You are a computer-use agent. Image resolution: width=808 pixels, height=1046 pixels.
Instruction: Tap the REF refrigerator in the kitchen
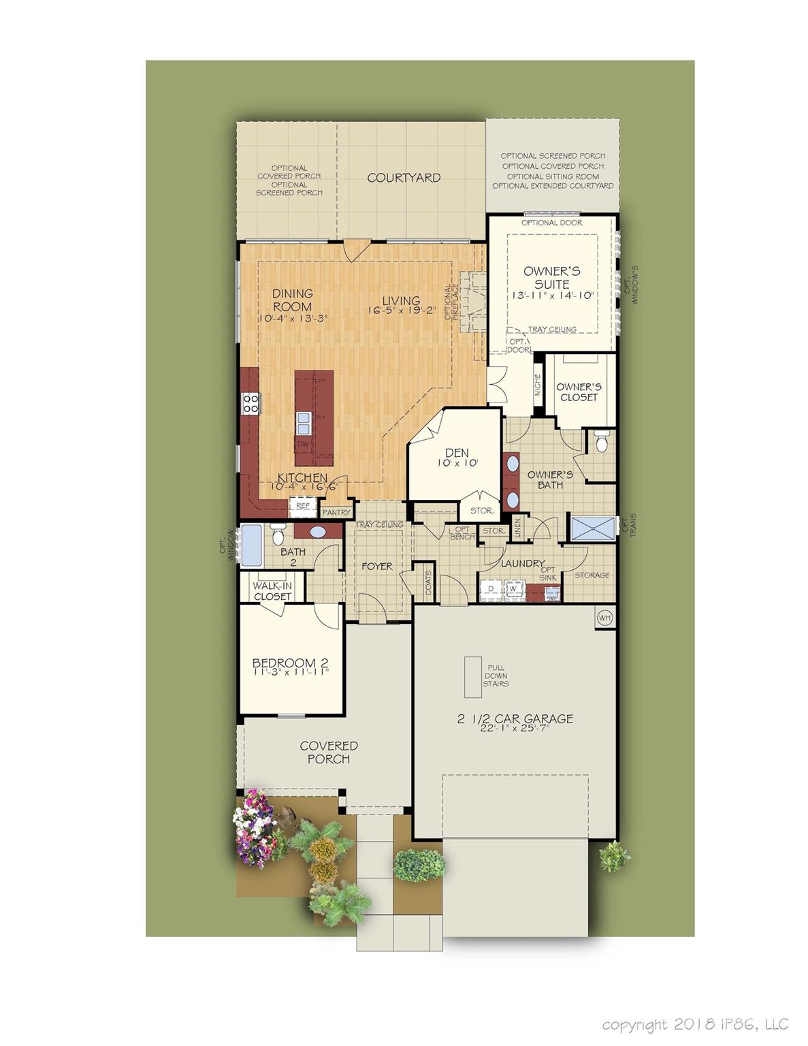pos(302,507)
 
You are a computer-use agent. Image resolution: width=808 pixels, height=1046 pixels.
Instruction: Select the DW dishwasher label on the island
pos(303,444)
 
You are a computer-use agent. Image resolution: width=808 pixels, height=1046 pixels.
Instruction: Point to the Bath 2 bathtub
pos(251,545)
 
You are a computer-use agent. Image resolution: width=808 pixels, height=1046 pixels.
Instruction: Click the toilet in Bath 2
pos(278,535)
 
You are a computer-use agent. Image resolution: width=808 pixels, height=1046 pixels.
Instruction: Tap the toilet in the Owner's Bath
pos(602,442)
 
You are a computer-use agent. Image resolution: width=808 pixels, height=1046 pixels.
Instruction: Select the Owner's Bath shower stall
pos(592,528)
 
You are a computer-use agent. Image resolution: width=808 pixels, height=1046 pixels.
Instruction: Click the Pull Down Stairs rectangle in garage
pos(473,676)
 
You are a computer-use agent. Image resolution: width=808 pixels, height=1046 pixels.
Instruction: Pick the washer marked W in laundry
pos(513,589)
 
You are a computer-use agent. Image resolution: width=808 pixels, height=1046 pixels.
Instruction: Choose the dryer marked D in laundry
pos(491,589)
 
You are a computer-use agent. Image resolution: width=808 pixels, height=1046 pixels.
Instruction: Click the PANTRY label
pos(336,512)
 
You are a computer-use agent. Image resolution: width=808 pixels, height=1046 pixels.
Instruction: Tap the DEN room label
pos(457,452)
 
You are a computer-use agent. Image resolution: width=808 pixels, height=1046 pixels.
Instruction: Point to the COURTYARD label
pos(404,178)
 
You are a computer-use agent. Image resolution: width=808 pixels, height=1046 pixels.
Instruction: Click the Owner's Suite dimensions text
pos(553,296)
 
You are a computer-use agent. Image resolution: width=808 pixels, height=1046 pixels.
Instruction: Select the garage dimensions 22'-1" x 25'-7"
pos(515,728)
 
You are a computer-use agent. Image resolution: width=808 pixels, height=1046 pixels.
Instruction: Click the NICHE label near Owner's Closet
pos(538,385)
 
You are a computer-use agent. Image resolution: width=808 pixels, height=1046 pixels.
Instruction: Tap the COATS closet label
pos(429,582)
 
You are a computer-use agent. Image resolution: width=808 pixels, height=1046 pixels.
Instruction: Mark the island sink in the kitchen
pos(303,423)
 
